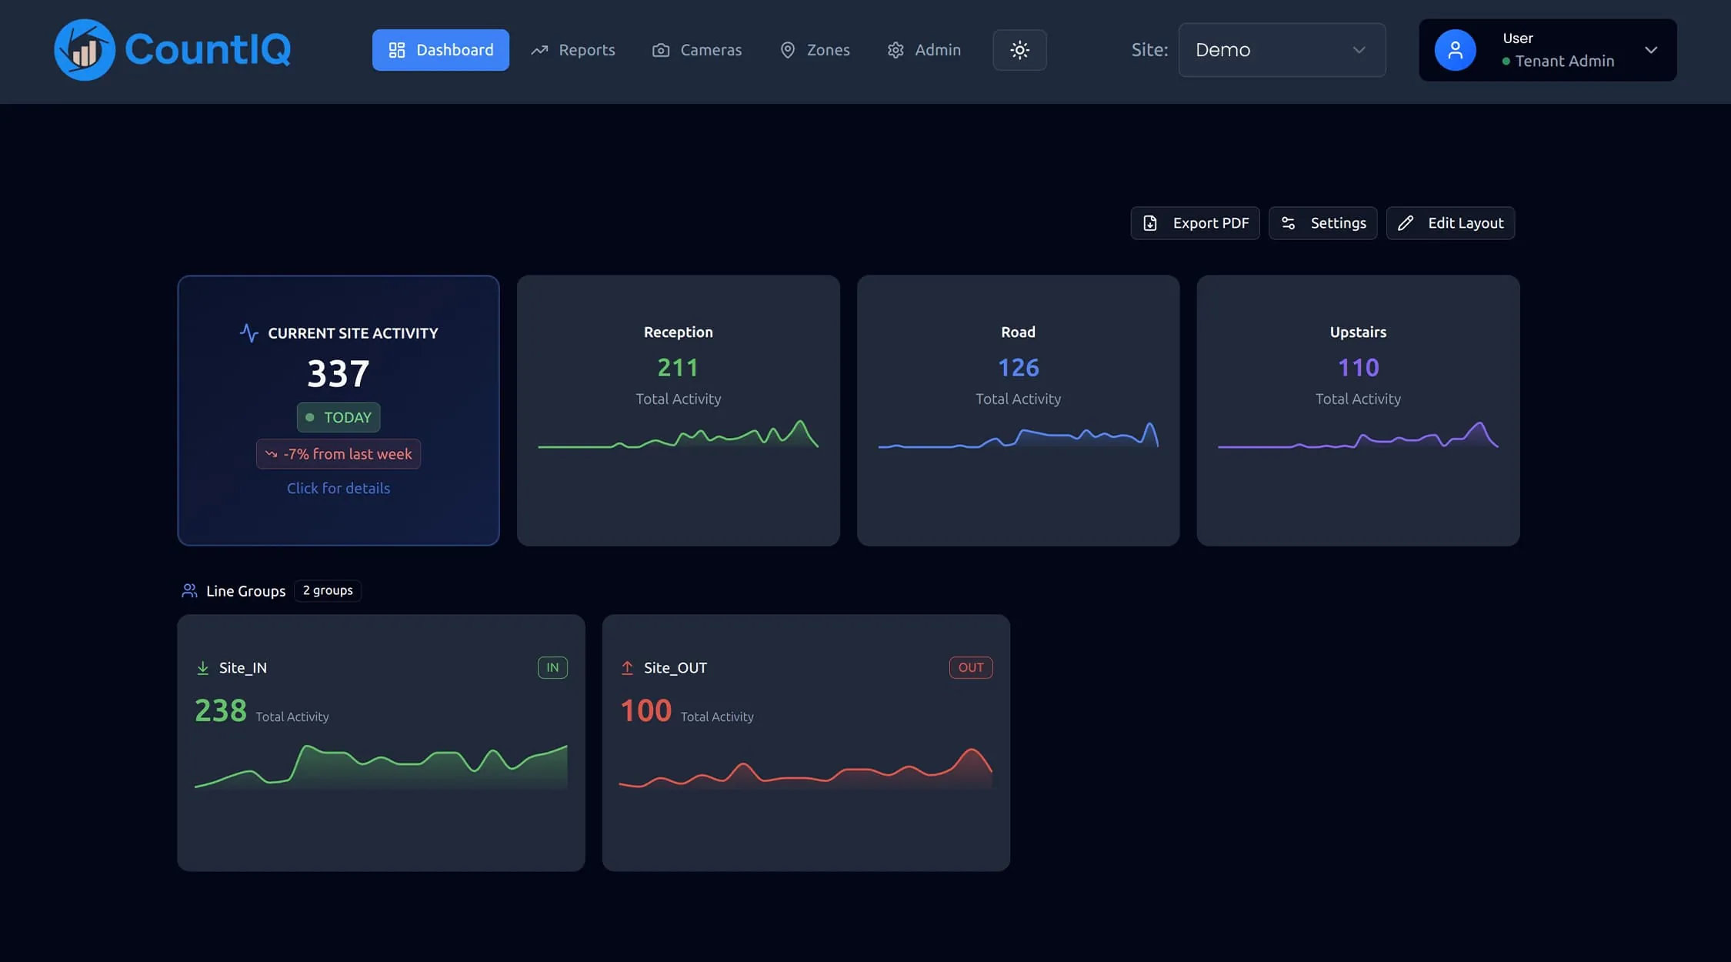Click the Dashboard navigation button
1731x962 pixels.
440,50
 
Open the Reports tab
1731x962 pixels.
573,50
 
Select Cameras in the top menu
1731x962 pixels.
697,50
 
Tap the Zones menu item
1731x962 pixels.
815,50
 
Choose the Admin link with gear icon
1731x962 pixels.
924,50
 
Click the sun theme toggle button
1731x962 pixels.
1019,50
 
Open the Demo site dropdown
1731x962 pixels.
1282,50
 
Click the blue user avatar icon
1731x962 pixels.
1455,50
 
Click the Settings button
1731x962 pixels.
1322,223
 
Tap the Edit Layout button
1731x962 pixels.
1450,223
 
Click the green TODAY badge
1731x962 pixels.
339,417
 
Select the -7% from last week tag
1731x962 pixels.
339,454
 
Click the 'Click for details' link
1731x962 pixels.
339,488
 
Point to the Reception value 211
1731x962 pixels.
678,368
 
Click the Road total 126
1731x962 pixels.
1018,368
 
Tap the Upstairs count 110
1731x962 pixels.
1358,368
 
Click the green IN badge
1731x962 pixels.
552,667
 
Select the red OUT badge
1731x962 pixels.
970,667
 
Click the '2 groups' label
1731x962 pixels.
328,590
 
